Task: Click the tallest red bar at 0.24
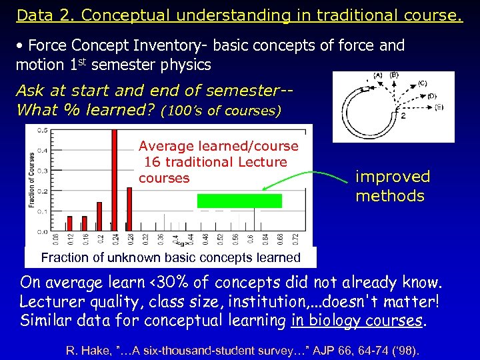click(x=114, y=180)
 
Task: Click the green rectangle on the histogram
click(x=239, y=201)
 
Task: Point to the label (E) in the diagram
click(x=439, y=107)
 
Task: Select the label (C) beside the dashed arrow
click(x=423, y=83)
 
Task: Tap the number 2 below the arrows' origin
click(x=403, y=115)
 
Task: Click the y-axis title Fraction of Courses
click(x=31, y=179)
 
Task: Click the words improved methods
click(x=393, y=186)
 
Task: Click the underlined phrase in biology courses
click(x=357, y=321)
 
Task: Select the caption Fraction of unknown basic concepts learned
click(x=171, y=257)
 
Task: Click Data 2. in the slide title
click(x=41, y=15)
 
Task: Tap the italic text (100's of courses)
click(x=221, y=110)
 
